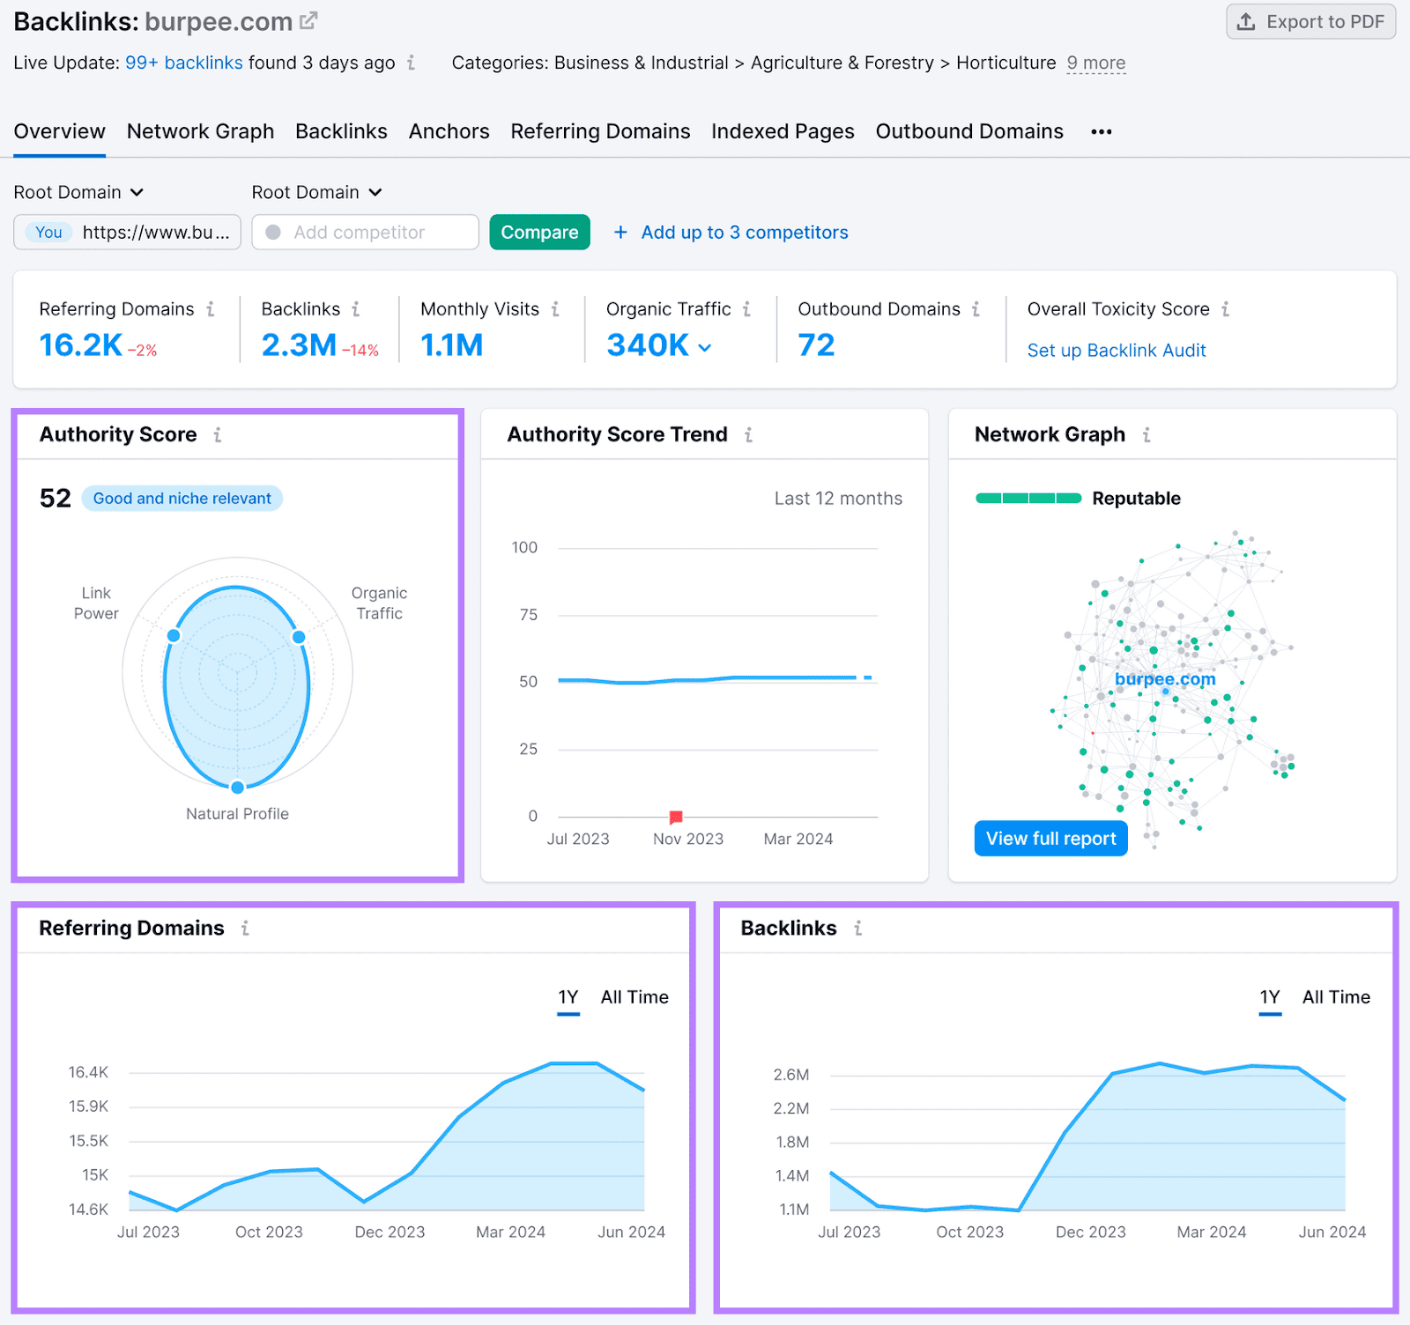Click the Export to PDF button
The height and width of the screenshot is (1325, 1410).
tap(1310, 22)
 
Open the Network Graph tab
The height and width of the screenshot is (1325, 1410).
tap(200, 131)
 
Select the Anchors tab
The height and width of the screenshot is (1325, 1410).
tap(449, 131)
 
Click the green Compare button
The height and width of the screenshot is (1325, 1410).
tap(539, 233)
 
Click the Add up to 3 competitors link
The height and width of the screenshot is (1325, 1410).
tap(731, 233)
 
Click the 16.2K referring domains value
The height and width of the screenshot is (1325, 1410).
tap(81, 345)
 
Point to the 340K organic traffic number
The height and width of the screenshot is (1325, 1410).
tap(648, 345)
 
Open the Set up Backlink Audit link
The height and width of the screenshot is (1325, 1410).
tap(1116, 351)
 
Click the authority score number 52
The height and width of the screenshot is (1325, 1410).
tap(56, 499)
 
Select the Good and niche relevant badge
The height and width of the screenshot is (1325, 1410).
tap(182, 499)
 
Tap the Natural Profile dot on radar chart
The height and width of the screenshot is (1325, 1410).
tap(237, 787)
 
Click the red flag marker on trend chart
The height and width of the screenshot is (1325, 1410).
tap(676, 817)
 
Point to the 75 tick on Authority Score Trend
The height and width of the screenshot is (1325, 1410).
tap(528, 615)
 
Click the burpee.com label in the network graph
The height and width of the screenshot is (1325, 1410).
tap(1164, 679)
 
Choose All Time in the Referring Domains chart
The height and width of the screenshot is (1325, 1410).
tap(634, 997)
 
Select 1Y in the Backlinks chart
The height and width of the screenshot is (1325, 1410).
tap(1269, 997)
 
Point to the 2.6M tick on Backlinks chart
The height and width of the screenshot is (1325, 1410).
tap(790, 1075)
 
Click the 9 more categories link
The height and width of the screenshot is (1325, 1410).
tap(1095, 63)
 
